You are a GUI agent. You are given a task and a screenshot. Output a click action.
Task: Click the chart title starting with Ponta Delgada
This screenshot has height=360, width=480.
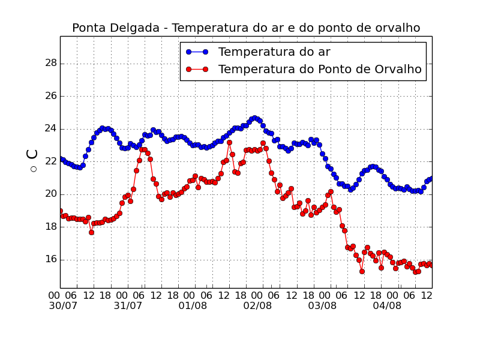246,28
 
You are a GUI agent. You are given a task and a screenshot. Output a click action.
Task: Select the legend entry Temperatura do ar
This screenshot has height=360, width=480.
274,52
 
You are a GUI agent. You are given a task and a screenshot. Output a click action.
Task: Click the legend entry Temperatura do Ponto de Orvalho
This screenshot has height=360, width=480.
320,70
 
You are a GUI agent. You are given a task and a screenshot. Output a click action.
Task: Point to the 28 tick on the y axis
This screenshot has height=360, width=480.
51,63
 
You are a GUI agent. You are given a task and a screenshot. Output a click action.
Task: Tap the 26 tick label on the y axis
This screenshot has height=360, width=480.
51,96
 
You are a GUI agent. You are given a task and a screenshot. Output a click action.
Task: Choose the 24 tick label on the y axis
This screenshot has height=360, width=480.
51,128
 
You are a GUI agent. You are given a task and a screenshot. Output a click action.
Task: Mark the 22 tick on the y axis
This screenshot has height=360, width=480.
51,161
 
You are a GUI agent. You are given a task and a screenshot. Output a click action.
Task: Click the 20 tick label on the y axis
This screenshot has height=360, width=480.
51,194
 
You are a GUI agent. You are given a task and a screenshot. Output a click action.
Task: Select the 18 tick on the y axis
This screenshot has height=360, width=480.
51,227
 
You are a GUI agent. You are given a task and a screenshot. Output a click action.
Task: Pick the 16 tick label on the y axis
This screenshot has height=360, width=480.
51,259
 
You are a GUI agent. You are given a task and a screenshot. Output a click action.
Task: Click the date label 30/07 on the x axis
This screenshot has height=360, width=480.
63,306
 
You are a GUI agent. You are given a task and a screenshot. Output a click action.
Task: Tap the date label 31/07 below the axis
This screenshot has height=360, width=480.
128,306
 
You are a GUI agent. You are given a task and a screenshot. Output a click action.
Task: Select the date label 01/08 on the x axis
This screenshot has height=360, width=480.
193,306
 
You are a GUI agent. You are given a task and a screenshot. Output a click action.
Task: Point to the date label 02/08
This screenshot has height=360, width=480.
257,306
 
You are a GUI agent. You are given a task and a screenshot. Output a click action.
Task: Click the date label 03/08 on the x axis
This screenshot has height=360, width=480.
322,306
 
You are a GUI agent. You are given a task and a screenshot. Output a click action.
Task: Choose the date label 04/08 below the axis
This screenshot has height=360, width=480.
387,306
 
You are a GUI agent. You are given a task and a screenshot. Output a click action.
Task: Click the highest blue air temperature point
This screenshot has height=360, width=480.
254,118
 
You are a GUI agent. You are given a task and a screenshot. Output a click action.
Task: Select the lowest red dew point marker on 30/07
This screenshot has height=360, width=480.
91,232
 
